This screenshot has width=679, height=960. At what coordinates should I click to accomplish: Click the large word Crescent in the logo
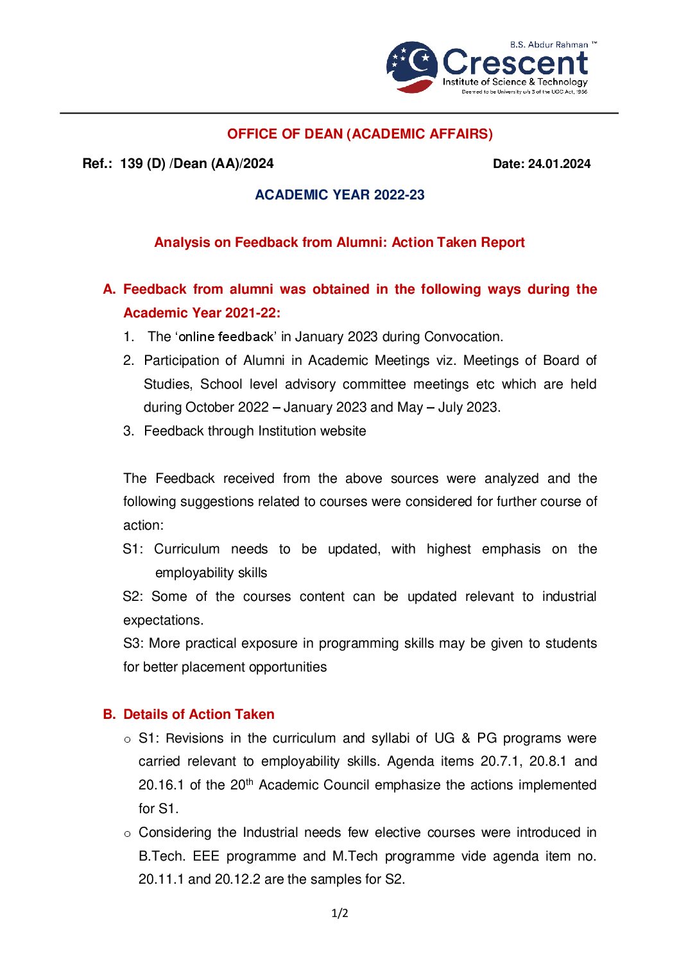tap(515, 63)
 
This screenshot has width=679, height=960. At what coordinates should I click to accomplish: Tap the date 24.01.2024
tap(559, 164)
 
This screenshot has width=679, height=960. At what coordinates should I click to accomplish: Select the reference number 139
tap(131, 164)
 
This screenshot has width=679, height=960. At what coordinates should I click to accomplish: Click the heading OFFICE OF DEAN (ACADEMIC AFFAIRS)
tap(360, 134)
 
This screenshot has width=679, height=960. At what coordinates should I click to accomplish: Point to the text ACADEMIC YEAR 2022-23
tap(339, 195)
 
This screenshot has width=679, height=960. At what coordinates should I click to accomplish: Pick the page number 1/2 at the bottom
tap(339, 913)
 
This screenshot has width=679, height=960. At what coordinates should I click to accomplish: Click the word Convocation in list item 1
tap(463, 337)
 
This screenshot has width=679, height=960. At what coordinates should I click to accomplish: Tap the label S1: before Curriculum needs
tap(133, 550)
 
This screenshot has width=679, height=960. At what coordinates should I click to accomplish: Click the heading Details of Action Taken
tap(199, 714)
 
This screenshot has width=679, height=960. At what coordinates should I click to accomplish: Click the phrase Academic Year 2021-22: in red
tap(202, 313)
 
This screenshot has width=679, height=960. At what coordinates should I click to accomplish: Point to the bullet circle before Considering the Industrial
tap(127, 834)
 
